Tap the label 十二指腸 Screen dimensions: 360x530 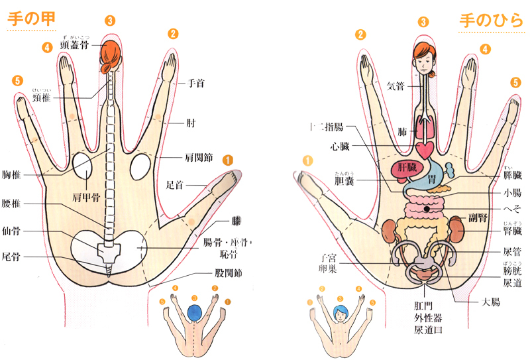point(327,126)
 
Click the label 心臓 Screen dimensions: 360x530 point(337,145)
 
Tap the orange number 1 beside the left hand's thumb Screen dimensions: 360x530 point(227,159)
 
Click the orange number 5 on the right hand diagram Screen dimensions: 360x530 point(515,82)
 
